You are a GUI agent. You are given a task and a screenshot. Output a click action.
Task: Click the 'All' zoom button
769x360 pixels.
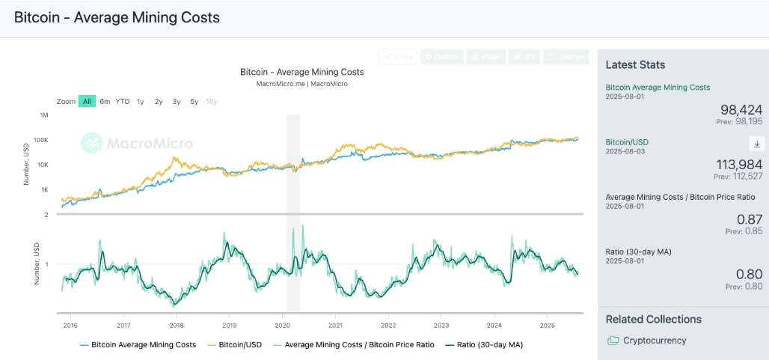coord(88,101)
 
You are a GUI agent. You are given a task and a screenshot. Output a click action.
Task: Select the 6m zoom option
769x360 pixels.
coord(105,101)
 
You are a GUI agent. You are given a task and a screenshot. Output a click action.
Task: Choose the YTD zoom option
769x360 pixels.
coord(123,101)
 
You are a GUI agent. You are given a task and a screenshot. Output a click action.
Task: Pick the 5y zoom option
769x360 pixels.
coord(194,101)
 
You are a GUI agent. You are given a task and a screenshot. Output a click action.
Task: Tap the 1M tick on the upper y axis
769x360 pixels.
coord(44,115)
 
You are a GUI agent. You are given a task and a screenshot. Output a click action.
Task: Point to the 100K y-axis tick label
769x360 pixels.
coord(41,140)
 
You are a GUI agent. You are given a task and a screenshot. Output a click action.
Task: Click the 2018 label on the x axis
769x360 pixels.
coord(177,325)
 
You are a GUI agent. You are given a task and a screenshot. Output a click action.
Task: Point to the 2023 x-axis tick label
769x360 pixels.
coord(441,325)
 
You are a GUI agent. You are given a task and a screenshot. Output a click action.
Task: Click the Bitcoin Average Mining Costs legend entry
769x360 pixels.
coord(143,345)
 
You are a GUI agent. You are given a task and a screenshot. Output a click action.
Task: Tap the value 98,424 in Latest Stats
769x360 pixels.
coord(741,110)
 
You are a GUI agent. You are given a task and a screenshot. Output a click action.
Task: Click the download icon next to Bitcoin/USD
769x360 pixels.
coord(756,144)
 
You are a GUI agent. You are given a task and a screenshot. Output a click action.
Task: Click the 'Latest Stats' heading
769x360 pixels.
coord(635,65)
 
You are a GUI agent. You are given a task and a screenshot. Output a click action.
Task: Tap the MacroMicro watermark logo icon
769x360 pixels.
coord(91,143)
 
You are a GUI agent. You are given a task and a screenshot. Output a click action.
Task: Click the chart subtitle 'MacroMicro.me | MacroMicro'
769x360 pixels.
coord(301,84)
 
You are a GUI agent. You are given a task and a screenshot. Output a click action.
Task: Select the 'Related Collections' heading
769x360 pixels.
coord(653,319)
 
